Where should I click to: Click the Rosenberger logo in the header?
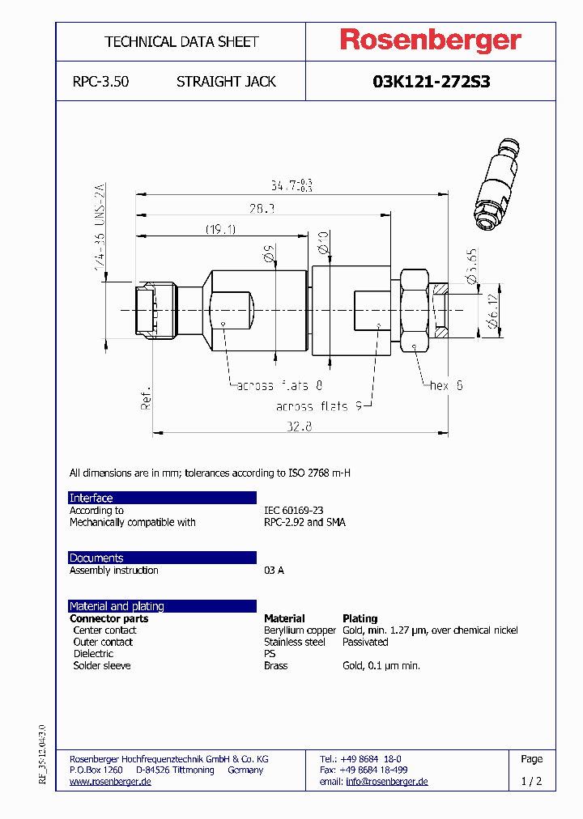click(x=430, y=40)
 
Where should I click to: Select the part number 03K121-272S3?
click(x=431, y=82)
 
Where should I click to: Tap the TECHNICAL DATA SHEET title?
click(x=181, y=41)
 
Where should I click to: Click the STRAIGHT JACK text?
click(x=226, y=82)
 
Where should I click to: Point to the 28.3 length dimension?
click(x=261, y=209)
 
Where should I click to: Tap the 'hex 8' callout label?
click(x=446, y=386)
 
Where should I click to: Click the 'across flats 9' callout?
click(x=324, y=406)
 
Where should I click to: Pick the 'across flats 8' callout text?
click(x=279, y=386)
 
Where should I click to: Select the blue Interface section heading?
click(x=91, y=498)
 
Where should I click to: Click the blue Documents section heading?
click(x=96, y=558)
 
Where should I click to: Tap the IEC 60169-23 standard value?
click(x=293, y=511)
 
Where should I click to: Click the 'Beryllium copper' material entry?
click(x=300, y=630)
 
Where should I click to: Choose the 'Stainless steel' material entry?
click(x=295, y=642)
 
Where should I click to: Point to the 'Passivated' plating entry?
click(x=365, y=642)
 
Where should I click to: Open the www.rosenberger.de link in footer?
click(x=110, y=782)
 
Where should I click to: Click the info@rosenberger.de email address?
click(x=386, y=782)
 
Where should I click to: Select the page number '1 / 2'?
click(x=532, y=782)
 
